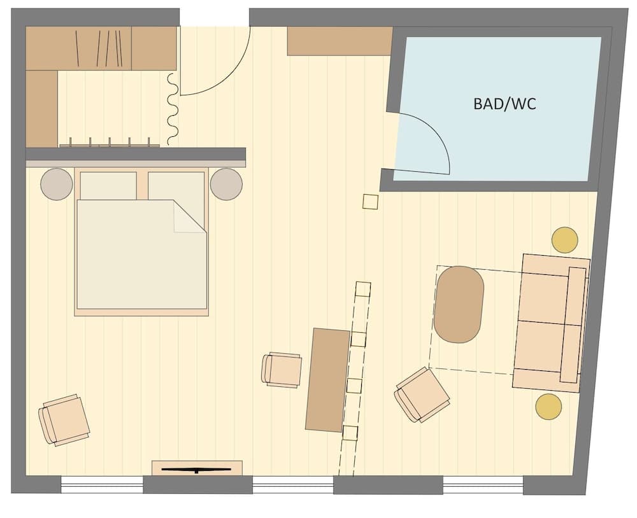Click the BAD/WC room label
(x=505, y=104)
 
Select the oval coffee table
(x=459, y=304)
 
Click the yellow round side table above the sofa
(x=564, y=240)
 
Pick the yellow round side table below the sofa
(x=548, y=407)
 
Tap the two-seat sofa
(x=551, y=322)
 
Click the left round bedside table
(x=57, y=184)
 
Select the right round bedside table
(x=226, y=184)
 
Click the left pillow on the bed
(x=108, y=185)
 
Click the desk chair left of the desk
(x=282, y=370)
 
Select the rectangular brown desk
(x=327, y=380)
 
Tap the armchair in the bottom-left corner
(x=64, y=419)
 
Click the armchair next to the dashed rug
(x=422, y=394)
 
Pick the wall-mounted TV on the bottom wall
(x=196, y=469)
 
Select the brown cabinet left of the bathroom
(x=339, y=41)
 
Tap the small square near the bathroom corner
(x=370, y=202)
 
